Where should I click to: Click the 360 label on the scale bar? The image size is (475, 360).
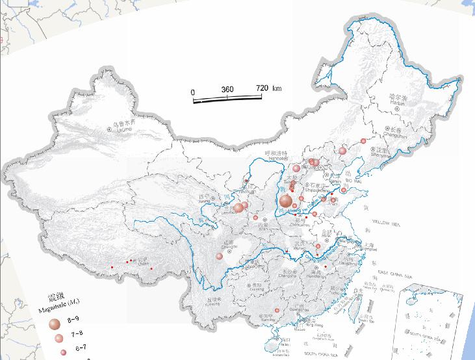227,89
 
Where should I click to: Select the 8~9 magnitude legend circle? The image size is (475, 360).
55,323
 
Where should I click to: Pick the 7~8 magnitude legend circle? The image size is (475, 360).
59,339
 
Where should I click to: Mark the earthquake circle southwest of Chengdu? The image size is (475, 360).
220,257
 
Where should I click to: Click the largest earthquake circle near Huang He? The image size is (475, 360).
285,201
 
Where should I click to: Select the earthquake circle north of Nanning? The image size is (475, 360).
277,311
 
